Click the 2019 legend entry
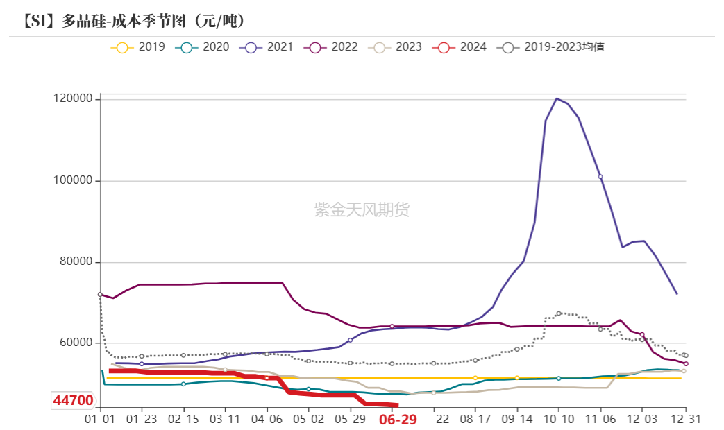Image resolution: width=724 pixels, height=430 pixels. pyautogui.click(x=138, y=47)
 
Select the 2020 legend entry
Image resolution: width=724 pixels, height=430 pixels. pyautogui.click(x=202, y=47)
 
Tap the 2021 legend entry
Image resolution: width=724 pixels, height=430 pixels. pyautogui.click(x=267, y=47)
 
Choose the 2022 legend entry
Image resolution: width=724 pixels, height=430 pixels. pyautogui.click(x=331, y=47)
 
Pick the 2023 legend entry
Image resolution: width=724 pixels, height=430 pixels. pyautogui.click(x=396, y=47)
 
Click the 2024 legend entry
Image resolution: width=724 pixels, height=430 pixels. pyautogui.click(x=460, y=47)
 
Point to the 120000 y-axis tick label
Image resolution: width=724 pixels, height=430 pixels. pyautogui.click(x=73, y=99)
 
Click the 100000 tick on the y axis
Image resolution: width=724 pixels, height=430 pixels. pyautogui.click(x=73, y=181)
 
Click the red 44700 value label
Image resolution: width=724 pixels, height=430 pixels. pyautogui.click(x=73, y=401)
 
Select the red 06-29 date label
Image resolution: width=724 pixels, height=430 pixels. pyautogui.click(x=398, y=420)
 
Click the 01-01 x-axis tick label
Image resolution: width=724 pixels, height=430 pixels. pyautogui.click(x=100, y=420)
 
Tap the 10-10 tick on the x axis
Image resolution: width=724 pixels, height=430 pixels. pyautogui.click(x=558, y=420)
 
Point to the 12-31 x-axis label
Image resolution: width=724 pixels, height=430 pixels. pyautogui.click(x=685, y=420)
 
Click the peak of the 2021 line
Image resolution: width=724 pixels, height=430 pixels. pyautogui.click(x=557, y=98)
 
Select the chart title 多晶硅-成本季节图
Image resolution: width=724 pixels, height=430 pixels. pyautogui.click(x=134, y=20)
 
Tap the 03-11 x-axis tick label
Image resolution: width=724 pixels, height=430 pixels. pyautogui.click(x=225, y=420)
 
